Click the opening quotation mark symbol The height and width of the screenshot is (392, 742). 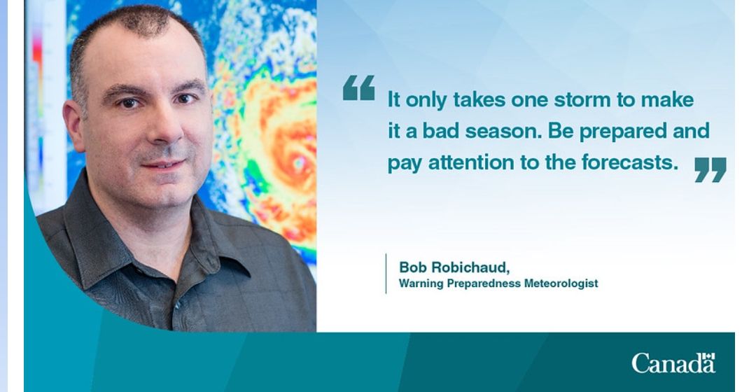[x=358, y=87]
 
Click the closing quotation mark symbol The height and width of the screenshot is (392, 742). [x=710, y=170]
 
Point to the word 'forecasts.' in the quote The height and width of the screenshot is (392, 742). [x=630, y=162]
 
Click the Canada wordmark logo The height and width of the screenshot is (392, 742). [x=673, y=363]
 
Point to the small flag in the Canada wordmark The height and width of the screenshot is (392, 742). [x=708, y=356]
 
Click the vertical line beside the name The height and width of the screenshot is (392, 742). [x=386, y=274]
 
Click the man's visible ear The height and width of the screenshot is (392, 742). [x=73, y=125]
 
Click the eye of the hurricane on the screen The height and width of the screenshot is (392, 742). [x=298, y=164]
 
